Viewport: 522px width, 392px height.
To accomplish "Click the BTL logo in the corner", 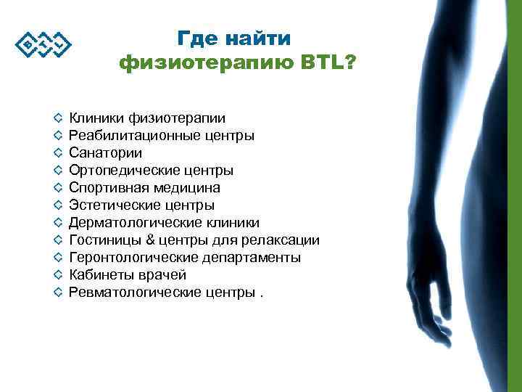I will click(43, 45).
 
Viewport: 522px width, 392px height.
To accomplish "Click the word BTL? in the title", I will click(326, 64).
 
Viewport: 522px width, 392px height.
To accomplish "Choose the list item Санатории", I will click(105, 152).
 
